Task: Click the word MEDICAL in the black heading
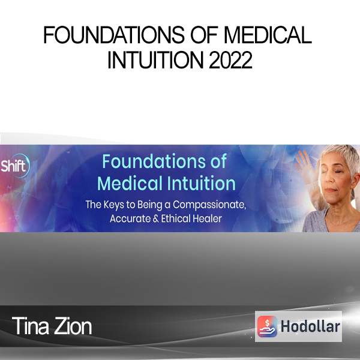tap(268, 35)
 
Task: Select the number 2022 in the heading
tap(230, 59)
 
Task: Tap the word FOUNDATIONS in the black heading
tap(114, 35)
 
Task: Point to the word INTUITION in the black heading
tap(155, 59)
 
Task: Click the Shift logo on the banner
tap(14, 166)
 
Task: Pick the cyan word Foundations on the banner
tap(153, 161)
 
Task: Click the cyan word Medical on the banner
tap(130, 183)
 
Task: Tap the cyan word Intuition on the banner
tap(201, 183)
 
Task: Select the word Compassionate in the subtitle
tap(209, 205)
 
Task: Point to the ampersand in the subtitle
tap(155, 218)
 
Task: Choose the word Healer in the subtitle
tap(207, 218)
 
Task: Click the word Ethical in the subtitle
tap(176, 218)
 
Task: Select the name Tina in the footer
tap(31, 326)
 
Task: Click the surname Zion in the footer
tap(73, 326)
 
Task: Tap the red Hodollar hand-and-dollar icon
tap(267, 326)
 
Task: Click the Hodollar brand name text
tap(310, 326)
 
